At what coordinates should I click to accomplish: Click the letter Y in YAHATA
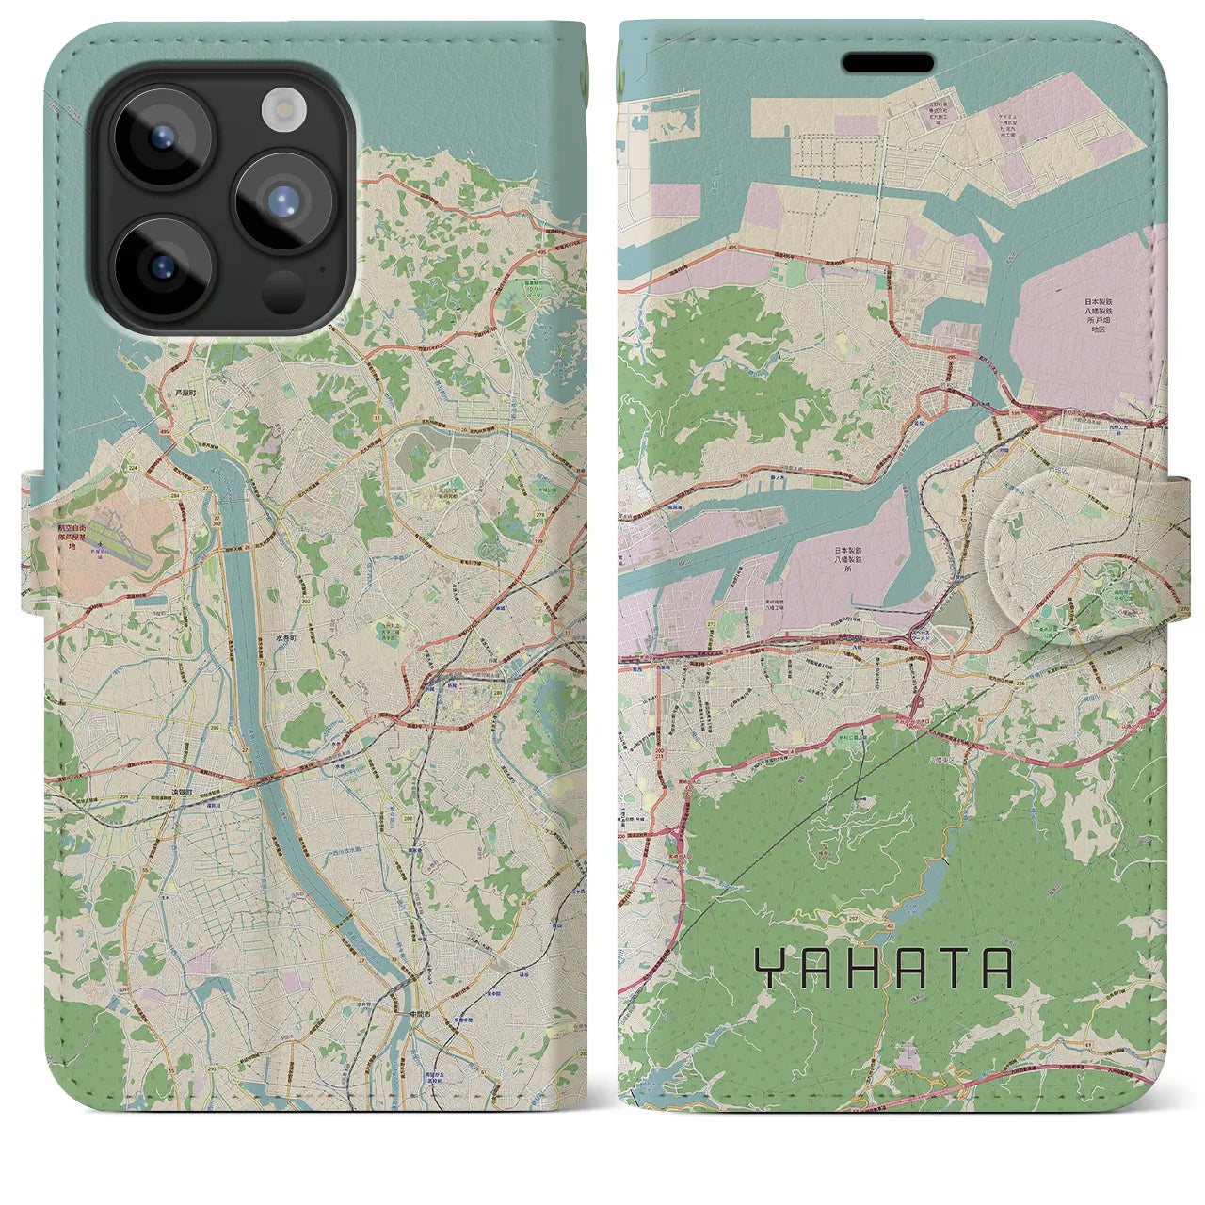coord(771,969)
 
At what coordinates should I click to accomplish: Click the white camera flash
coord(279,110)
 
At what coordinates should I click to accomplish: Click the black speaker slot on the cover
coord(887,63)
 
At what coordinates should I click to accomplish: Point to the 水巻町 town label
coord(286,636)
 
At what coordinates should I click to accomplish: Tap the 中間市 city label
coord(420,1013)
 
